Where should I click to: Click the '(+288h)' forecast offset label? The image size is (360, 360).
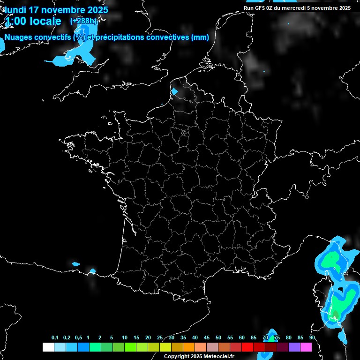click(x=83, y=21)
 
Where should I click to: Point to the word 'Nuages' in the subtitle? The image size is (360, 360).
click(x=19, y=37)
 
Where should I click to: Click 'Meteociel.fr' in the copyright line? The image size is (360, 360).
click(x=218, y=357)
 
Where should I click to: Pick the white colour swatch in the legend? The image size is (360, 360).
click(x=48, y=347)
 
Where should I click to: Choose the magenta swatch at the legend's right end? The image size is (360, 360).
click(x=306, y=347)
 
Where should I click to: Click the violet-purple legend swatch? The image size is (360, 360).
click(x=294, y=347)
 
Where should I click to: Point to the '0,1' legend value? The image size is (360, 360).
click(x=55, y=338)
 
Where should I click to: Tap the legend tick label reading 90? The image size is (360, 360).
click(x=312, y=338)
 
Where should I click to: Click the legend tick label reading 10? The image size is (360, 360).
click(x=124, y=338)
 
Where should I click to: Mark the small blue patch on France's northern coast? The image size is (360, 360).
click(x=175, y=91)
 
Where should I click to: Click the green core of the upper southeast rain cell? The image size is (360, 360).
click(x=332, y=258)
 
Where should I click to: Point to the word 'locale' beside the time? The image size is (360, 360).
click(x=45, y=21)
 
